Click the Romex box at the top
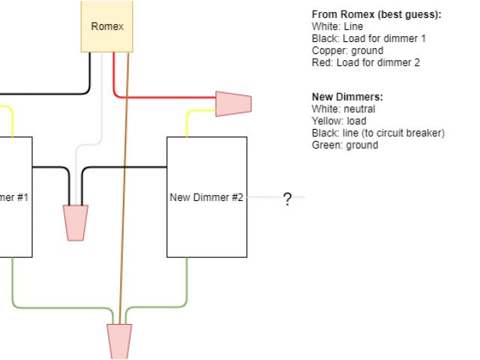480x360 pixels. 107,26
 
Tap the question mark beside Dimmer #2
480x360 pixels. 286,199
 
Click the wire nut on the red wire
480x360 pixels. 233,103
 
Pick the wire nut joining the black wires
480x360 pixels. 76,223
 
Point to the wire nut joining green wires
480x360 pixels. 120,341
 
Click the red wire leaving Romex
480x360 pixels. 165,97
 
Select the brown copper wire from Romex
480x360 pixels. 124,187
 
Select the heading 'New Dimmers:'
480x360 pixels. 347,97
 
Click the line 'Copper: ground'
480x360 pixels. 347,51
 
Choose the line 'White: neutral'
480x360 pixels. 343,109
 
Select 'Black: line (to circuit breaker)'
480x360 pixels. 378,133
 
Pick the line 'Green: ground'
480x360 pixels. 344,145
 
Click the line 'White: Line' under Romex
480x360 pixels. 337,27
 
